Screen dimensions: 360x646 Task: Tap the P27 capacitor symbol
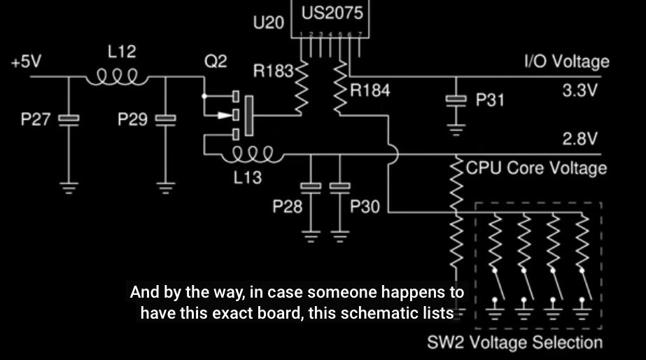[x=69, y=120]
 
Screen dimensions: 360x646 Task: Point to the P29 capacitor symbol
[x=165, y=120]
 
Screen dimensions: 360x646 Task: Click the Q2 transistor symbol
[x=241, y=114]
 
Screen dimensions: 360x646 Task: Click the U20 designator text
[x=268, y=23]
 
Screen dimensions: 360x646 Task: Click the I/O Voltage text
[x=567, y=61]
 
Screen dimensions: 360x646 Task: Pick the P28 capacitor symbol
[x=311, y=187]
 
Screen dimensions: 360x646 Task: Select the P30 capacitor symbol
[x=339, y=187]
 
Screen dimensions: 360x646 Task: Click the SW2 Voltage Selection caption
[x=514, y=343]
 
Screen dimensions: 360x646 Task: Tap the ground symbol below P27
[x=69, y=187]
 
